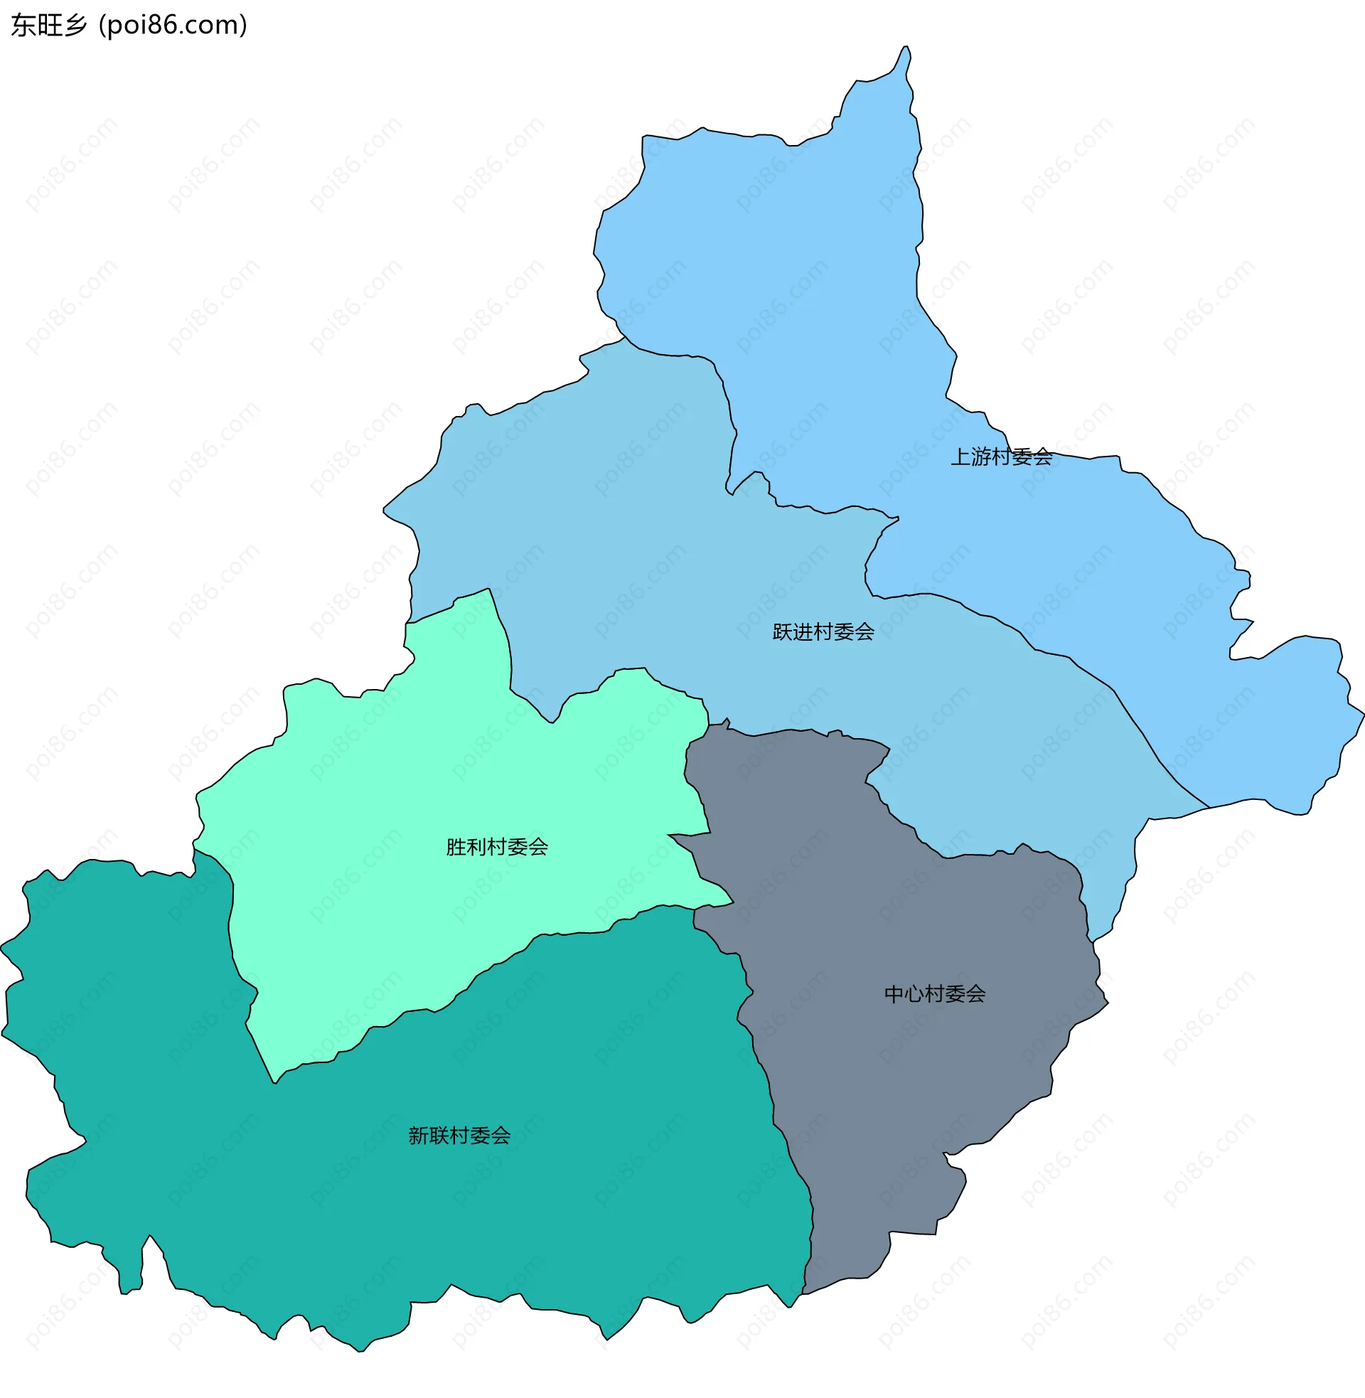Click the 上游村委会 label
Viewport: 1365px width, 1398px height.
(1001, 457)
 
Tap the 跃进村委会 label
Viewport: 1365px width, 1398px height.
(823, 631)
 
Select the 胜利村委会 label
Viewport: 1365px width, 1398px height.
(497, 847)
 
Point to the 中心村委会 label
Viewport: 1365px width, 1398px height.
(935, 993)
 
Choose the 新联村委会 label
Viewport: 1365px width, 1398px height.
(459, 1136)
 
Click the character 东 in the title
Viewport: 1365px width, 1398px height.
(23, 25)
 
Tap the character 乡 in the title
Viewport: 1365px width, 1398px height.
(75, 25)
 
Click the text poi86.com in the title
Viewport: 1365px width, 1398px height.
(173, 25)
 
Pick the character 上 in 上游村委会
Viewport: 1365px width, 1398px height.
(960, 457)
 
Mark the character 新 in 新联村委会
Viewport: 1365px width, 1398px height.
(419, 1136)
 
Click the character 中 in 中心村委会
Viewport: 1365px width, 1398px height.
(894, 993)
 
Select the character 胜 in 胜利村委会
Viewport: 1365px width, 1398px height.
(456, 847)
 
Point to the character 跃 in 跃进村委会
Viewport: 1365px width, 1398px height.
(782, 631)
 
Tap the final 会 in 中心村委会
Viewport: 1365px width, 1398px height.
(975, 993)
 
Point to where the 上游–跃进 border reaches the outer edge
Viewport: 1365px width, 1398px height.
(1209, 808)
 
